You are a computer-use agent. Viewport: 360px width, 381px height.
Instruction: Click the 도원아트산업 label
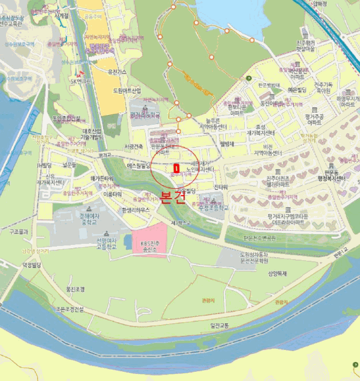[x=127, y=90]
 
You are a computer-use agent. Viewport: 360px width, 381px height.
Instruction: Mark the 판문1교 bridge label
[x=341, y=253]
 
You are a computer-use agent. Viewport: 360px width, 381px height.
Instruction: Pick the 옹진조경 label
[x=75, y=290]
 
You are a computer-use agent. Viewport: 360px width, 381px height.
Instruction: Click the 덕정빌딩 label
[x=32, y=265]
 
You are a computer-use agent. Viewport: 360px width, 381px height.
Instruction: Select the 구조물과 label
[x=18, y=231]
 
